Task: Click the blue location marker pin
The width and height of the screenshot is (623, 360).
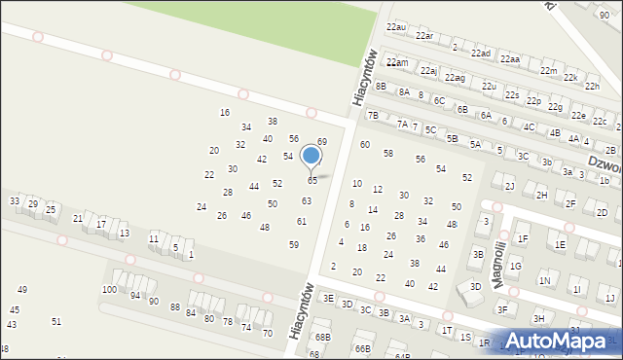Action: tap(311, 157)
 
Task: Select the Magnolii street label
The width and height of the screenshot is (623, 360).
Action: tap(498, 263)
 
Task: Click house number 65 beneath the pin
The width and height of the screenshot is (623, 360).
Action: tap(312, 181)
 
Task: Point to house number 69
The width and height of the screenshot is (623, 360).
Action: tap(322, 142)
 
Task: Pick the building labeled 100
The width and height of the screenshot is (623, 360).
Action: tap(109, 290)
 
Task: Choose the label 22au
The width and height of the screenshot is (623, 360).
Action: tap(395, 27)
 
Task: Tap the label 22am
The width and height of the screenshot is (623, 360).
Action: tap(396, 62)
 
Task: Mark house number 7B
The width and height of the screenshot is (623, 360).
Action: tap(372, 115)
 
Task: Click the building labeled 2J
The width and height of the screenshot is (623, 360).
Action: tap(509, 186)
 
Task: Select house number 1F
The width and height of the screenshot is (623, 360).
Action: tap(523, 238)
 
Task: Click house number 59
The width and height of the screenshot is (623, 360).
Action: tap(294, 245)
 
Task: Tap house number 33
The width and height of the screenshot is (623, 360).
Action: tap(15, 200)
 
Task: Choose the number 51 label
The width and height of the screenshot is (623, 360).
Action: tap(56, 321)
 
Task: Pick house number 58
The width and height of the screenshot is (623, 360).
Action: tap(387, 154)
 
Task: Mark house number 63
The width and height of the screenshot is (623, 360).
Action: tap(307, 201)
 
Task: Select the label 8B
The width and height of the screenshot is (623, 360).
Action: tap(382, 87)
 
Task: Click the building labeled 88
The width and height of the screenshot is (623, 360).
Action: tap(175, 307)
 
